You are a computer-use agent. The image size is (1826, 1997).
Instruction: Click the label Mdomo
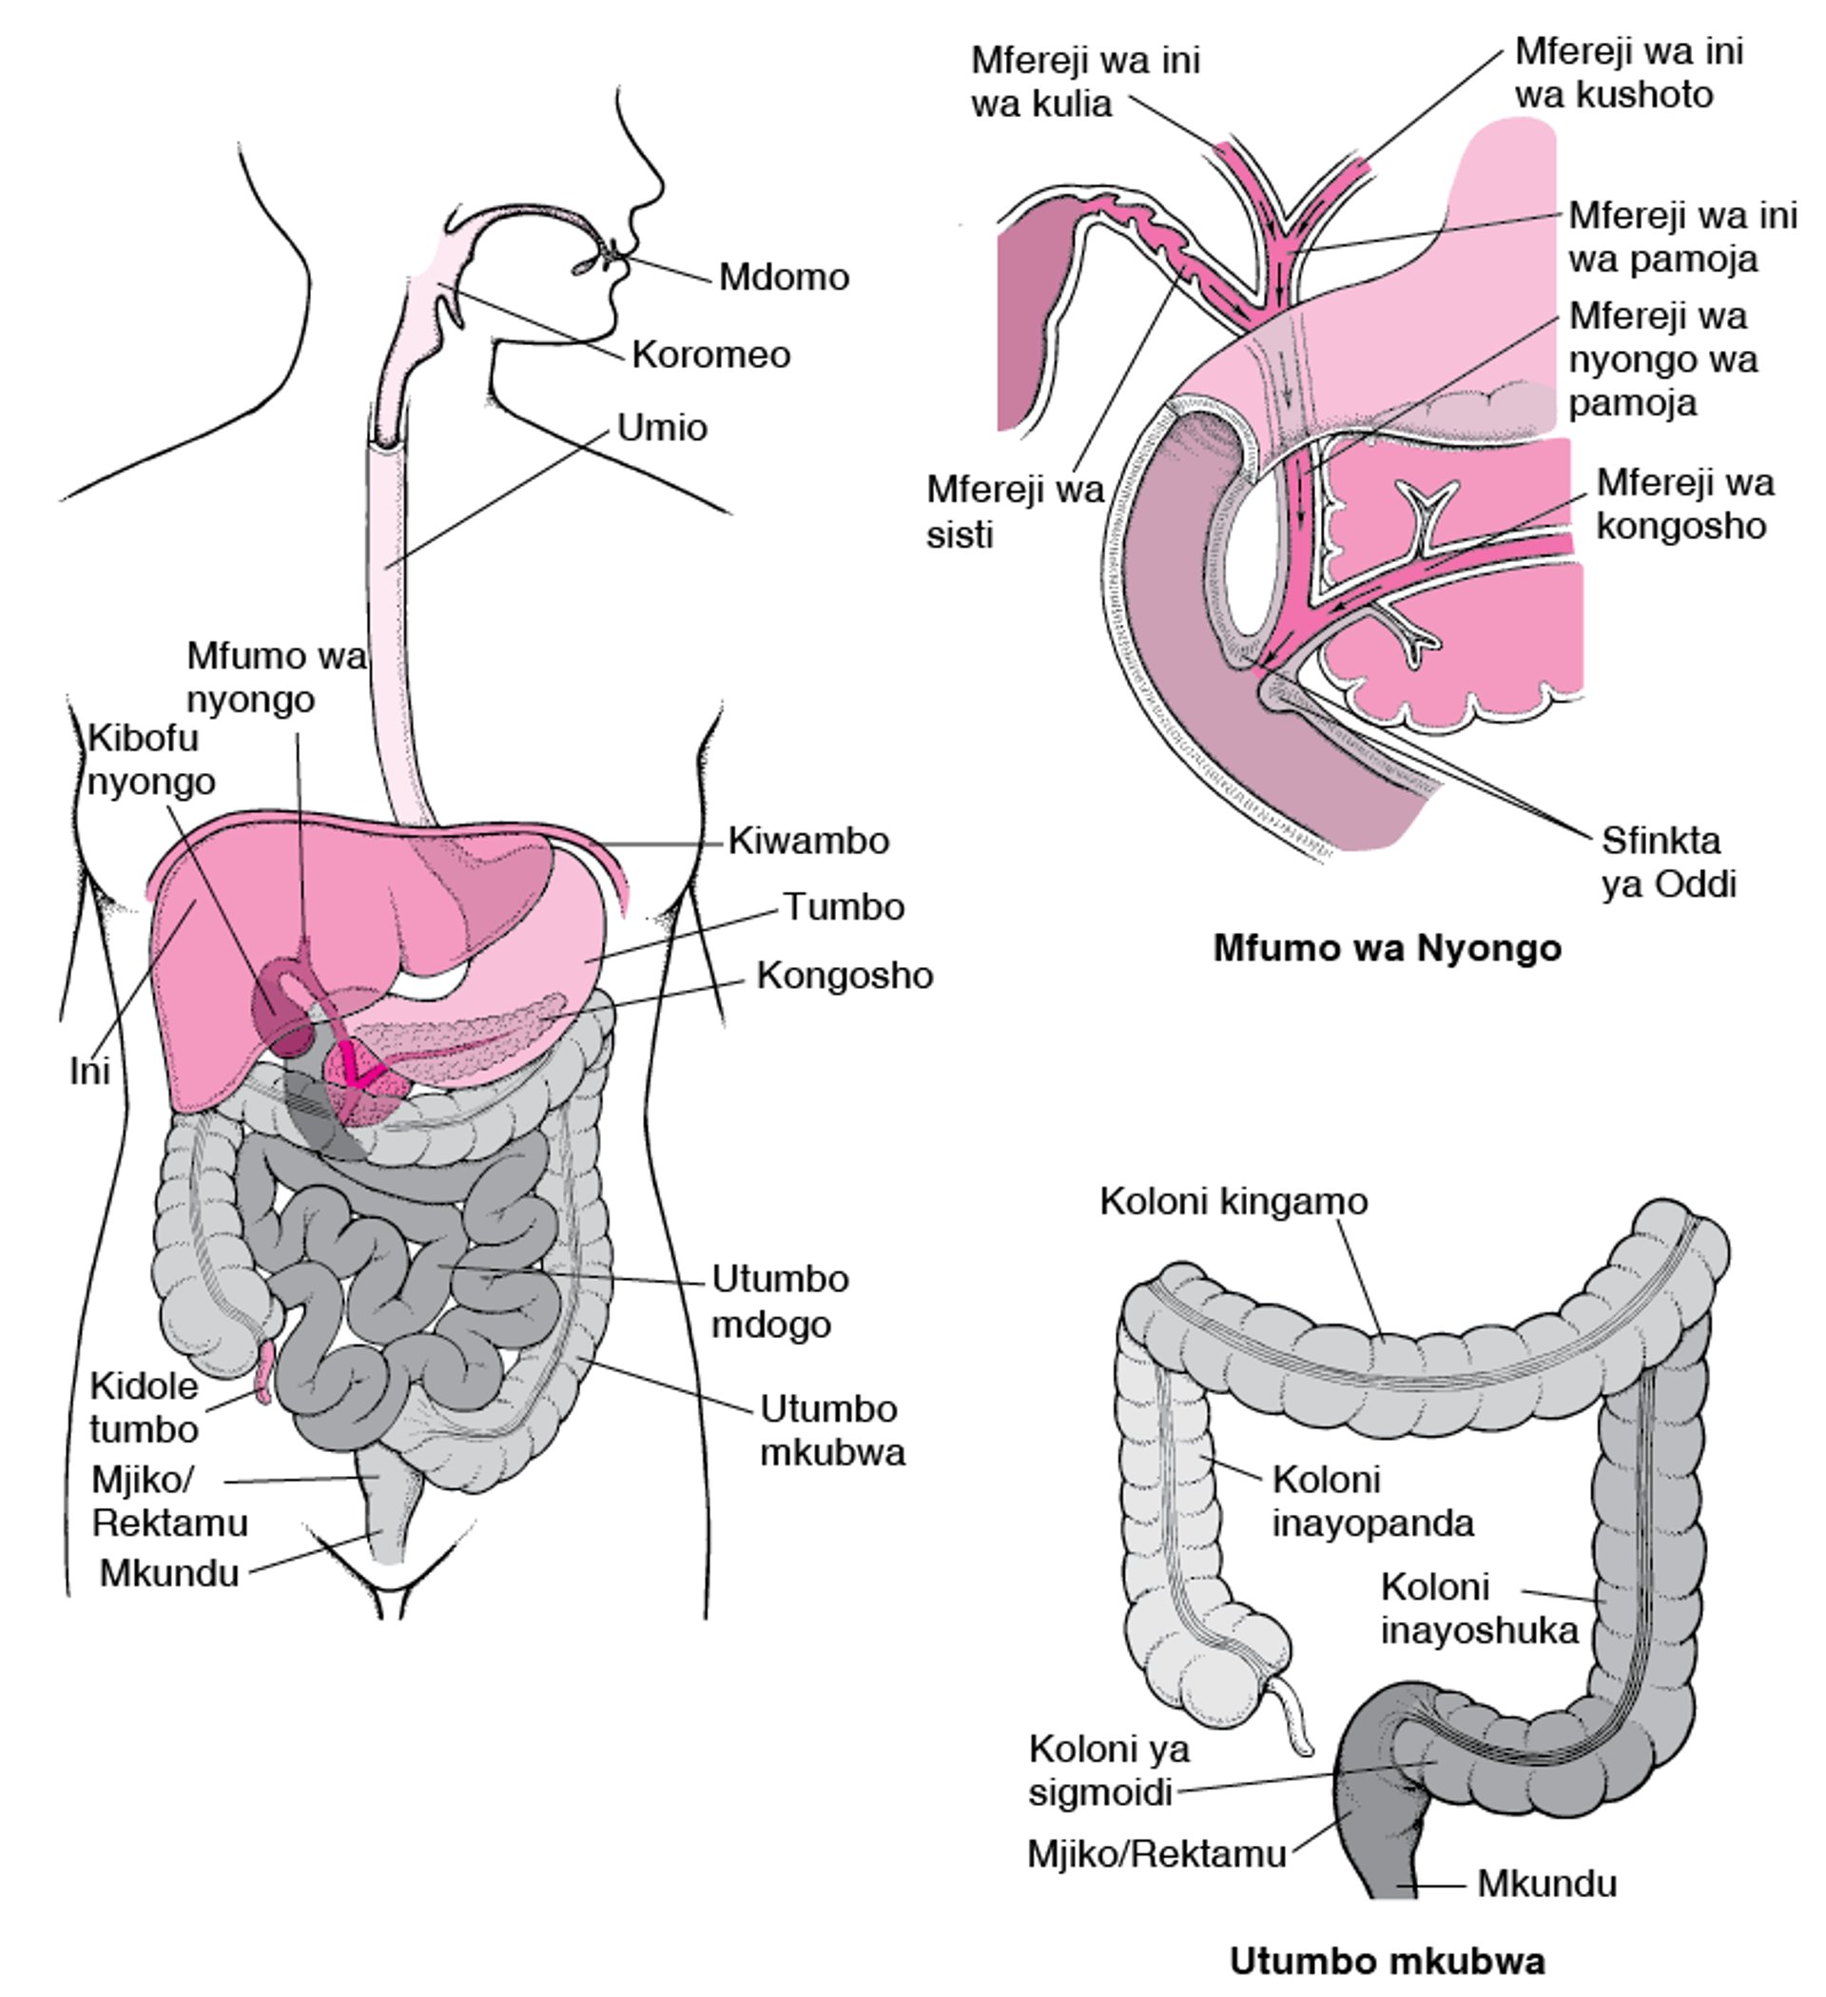pyautogui.click(x=784, y=278)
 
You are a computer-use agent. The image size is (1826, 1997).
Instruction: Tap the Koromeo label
pyautogui.click(x=711, y=355)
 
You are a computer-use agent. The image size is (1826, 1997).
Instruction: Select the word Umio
pyautogui.click(x=662, y=428)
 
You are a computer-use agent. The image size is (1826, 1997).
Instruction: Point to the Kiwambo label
pyautogui.click(x=808, y=841)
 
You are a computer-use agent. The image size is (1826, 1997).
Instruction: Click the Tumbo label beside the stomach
pyautogui.click(x=845, y=907)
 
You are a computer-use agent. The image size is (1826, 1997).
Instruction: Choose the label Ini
pyautogui.click(x=89, y=1071)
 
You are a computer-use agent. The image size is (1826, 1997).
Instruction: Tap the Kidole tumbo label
pyautogui.click(x=144, y=1407)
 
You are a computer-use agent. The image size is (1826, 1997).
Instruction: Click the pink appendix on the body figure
pyautogui.click(x=263, y=1372)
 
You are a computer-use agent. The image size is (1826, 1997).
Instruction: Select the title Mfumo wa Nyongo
pyautogui.click(x=1387, y=948)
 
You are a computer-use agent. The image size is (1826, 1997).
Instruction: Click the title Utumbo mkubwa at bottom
pyautogui.click(x=1387, y=1960)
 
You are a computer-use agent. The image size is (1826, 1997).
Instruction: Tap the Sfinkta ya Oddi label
pyautogui.click(x=1668, y=863)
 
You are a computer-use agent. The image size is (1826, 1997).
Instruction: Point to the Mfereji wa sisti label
pyautogui.click(x=1015, y=512)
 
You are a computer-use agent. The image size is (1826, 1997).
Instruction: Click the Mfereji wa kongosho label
pyautogui.click(x=1685, y=504)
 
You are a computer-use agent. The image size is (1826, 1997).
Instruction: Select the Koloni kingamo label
pyautogui.click(x=1234, y=1202)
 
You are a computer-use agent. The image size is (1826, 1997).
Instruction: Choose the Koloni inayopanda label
pyautogui.click(x=1373, y=1501)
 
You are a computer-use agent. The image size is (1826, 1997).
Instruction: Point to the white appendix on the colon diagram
pyautogui.click(x=1296, y=1715)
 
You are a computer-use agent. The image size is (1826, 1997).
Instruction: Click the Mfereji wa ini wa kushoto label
pyautogui.click(x=1629, y=72)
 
